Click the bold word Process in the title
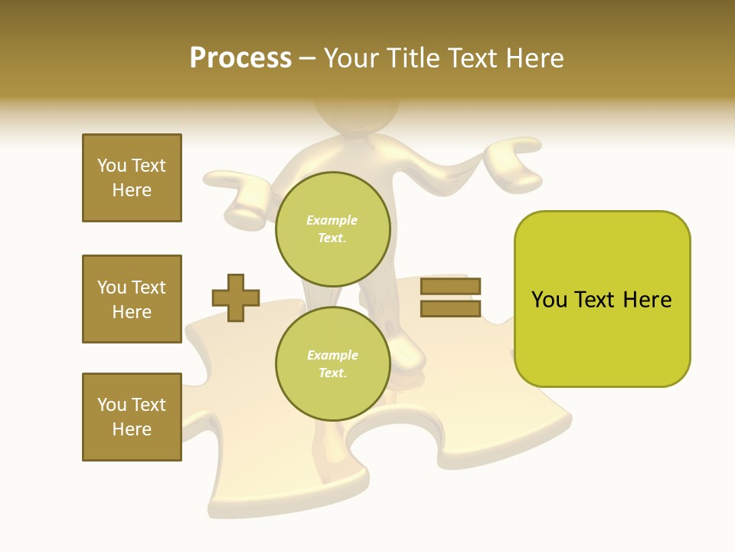click(x=240, y=58)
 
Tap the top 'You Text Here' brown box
click(x=132, y=178)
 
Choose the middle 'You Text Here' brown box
click(x=132, y=299)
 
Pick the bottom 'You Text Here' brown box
click(x=132, y=417)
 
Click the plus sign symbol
click(x=236, y=297)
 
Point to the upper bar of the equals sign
click(x=450, y=287)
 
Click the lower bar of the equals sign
click(x=450, y=309)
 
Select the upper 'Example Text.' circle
click(x=332, y=229)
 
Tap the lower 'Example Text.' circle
click(x=332, y=364)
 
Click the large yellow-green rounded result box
click(x=602, y=299)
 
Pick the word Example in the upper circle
click(x=332, y=220)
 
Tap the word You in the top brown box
click(x=112, y=166)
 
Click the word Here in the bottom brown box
click(x=132, y=429)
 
